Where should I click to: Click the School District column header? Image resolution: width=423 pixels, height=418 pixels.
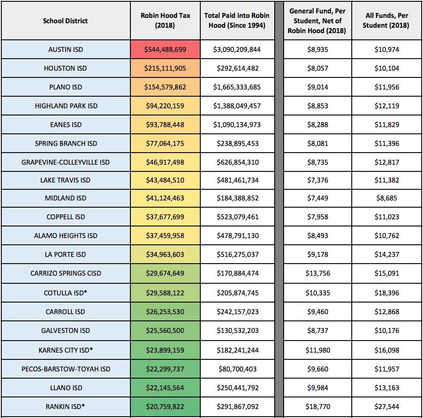(x=65, y=21)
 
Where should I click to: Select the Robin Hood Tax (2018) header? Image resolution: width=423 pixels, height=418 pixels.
(x=165, y=20)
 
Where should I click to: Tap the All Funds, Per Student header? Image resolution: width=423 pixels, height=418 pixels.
(x=386, y=20)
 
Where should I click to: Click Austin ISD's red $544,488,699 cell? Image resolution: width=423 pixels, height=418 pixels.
(x=165, y=49)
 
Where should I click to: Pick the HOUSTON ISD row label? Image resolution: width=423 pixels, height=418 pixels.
(x=65, y=68)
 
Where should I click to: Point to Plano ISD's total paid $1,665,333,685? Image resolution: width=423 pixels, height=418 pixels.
(x=237, y=87)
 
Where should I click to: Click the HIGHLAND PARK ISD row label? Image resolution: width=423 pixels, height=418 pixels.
(x=66, y=106)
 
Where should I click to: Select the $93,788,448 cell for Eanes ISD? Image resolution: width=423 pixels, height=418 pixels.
(x=165, y=124)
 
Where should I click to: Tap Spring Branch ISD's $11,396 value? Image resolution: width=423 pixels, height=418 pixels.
(x=387, y=143)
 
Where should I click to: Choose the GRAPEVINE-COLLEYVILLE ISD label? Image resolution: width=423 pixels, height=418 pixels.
(x=65, y=162)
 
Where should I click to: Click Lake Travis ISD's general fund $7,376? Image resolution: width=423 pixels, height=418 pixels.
(x=318, y=180)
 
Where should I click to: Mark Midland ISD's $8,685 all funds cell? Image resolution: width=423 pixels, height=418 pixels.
(x=387, y=198)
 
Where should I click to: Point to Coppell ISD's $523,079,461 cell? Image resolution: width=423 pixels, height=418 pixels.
(x=237, y=217)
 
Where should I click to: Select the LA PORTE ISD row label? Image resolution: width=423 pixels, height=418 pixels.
(x=65, y=254)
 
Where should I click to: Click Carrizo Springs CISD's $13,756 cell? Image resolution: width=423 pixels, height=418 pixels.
(x=318, y=273)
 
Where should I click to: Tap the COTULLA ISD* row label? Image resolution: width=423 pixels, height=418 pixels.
(x=65, y=293)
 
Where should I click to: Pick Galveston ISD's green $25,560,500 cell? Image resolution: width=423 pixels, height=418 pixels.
(x=165, y=330)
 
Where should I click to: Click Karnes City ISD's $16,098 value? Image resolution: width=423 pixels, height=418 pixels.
(x=387, y=350)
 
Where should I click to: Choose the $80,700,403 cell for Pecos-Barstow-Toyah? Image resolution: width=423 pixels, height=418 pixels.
(x=237, y=369)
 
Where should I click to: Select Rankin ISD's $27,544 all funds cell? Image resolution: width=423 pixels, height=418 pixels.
(x=387, y=406)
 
